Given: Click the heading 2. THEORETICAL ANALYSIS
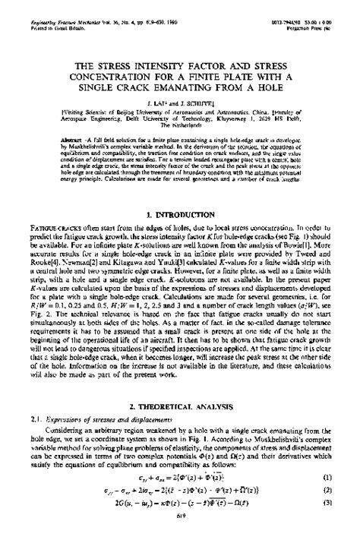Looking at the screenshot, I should (180, 408).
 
